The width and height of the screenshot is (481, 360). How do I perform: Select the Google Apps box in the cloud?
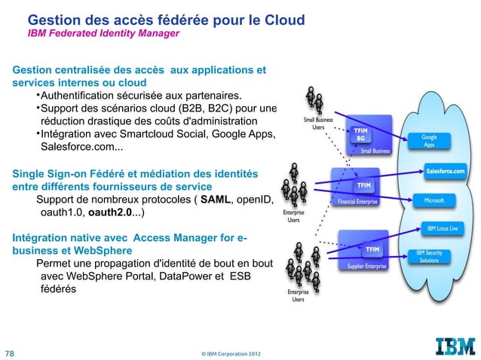pyautogui.click(x=428, y=140)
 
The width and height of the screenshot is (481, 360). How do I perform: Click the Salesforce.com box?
pyautogui.click(x=445, y=171)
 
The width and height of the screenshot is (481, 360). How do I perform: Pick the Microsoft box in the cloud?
pyautogui.click(x=434, y=200)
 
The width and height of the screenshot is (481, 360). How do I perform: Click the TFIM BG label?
pyautogui.click(x=361, y=134)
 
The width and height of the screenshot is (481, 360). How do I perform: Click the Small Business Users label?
pyautogui.click(x=318, y=124)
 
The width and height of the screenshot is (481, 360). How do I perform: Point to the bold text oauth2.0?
pyautogui.click(x=111, y=213)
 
